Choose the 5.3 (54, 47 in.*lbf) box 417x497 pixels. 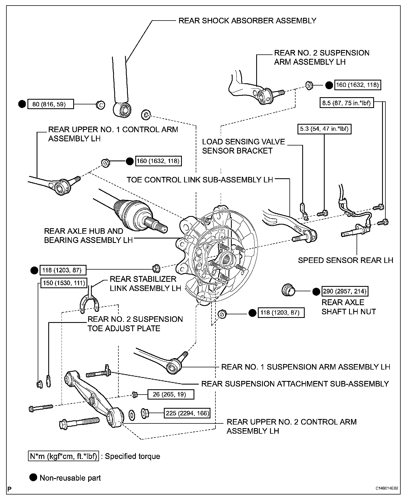pyautogui.click(x=324, y=129)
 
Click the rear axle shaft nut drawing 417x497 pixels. pyautogui.click(x=288, y=291)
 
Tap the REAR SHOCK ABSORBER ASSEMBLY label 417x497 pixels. pyautogui.click(x=247, y=21)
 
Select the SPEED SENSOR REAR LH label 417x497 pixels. pyautogui.click(x=345, y=260)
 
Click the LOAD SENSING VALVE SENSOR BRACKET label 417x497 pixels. pyautogui.click(x=243, y=146)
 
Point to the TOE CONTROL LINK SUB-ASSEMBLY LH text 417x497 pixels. pyautogui.click(x=200, y=180)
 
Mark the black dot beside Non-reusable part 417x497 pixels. pyautogui.click(x=34, y=478)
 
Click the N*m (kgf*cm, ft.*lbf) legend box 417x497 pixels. pyautogui.click(x=63, y=456)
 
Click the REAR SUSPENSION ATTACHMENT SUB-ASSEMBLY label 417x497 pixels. pyautogui.click(x=295, y=384)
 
